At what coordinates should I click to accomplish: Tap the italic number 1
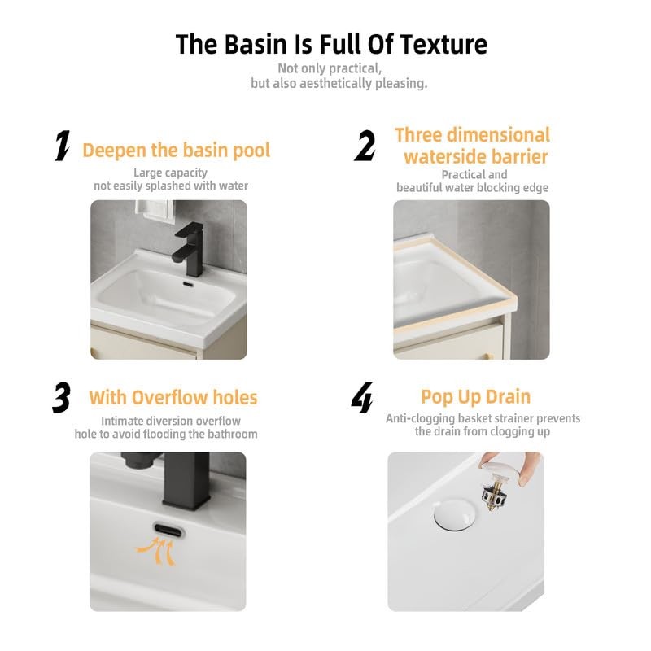[63, 146]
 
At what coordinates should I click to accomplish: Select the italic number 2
[365, 146]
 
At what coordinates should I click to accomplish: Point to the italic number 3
[62, 397]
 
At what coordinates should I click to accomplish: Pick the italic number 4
[362, 397]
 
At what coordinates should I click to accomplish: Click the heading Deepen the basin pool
[177, 151]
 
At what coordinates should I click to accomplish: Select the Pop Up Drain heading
[476, 397]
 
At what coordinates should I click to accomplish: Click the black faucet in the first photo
[190, 250]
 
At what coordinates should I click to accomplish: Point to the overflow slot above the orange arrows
[168, 531]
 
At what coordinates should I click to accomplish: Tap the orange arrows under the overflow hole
[157, 551]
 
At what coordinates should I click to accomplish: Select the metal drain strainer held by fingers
[496, 494]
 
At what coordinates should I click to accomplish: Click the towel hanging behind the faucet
[155, 212]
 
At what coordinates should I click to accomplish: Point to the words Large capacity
[170, 173]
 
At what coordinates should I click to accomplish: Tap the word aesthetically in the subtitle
[335, 84]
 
